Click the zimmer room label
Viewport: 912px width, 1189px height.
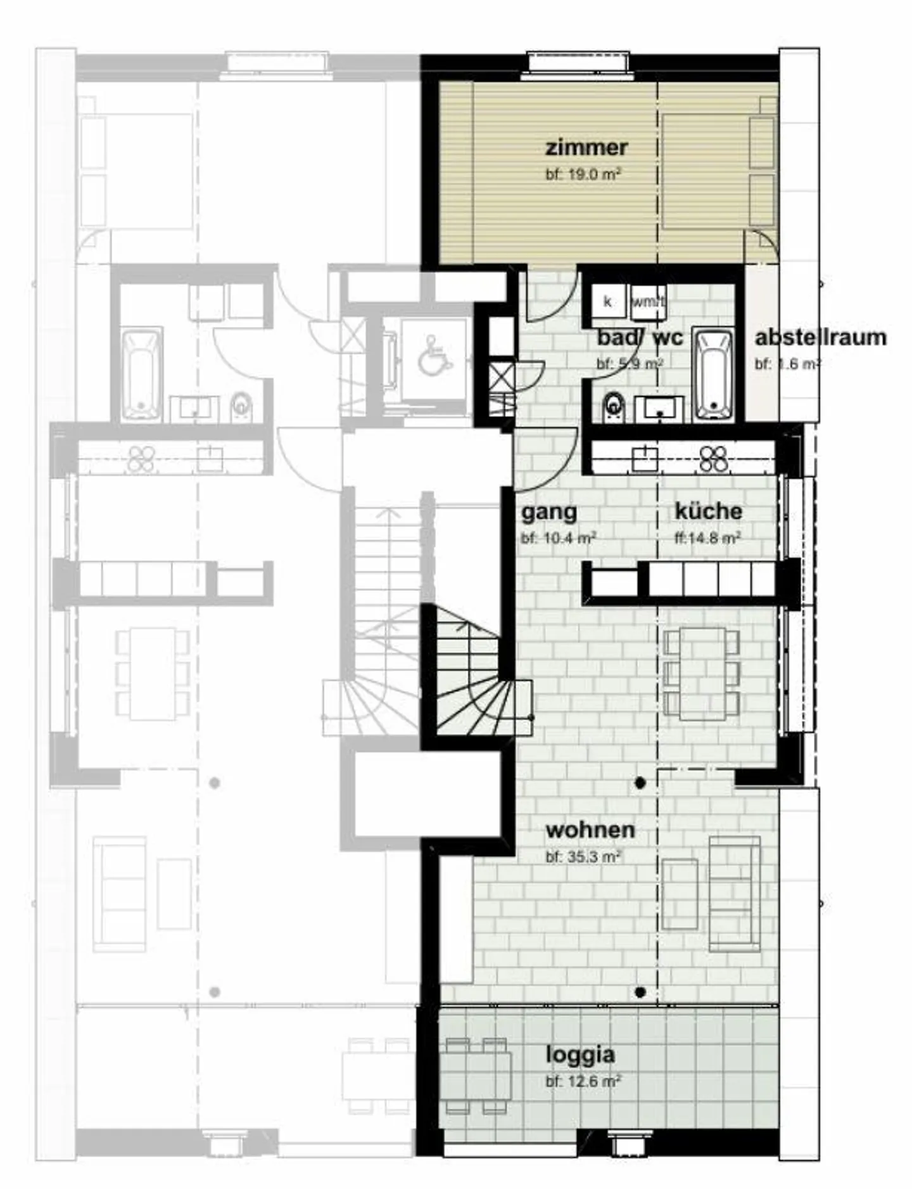click(x=586, y=147)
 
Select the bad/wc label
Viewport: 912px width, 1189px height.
click(x=640, y=337)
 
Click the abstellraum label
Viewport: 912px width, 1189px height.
click(x=820, y=337)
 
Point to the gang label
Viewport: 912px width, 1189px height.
click(x=549, y=511)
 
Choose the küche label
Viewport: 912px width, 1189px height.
click(x=708, y=511)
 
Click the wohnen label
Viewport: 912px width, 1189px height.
click(x=590, y=830)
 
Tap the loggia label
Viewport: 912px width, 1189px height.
click(x=580, y=1055)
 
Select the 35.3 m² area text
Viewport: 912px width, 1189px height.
click(x=583, y=857)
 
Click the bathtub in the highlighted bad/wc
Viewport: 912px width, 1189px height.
click(x=714, y=374)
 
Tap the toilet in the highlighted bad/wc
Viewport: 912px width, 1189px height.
click(x=612, y=404)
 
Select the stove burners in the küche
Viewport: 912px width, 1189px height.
click(x=714, y=459)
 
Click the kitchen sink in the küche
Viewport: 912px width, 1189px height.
click(x=645, y=458)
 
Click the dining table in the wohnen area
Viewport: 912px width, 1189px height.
click(x=702, y=673)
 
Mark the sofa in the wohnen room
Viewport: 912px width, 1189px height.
click(x=734, y=894)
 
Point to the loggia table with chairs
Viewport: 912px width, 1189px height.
click(x=476, y=1076)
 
